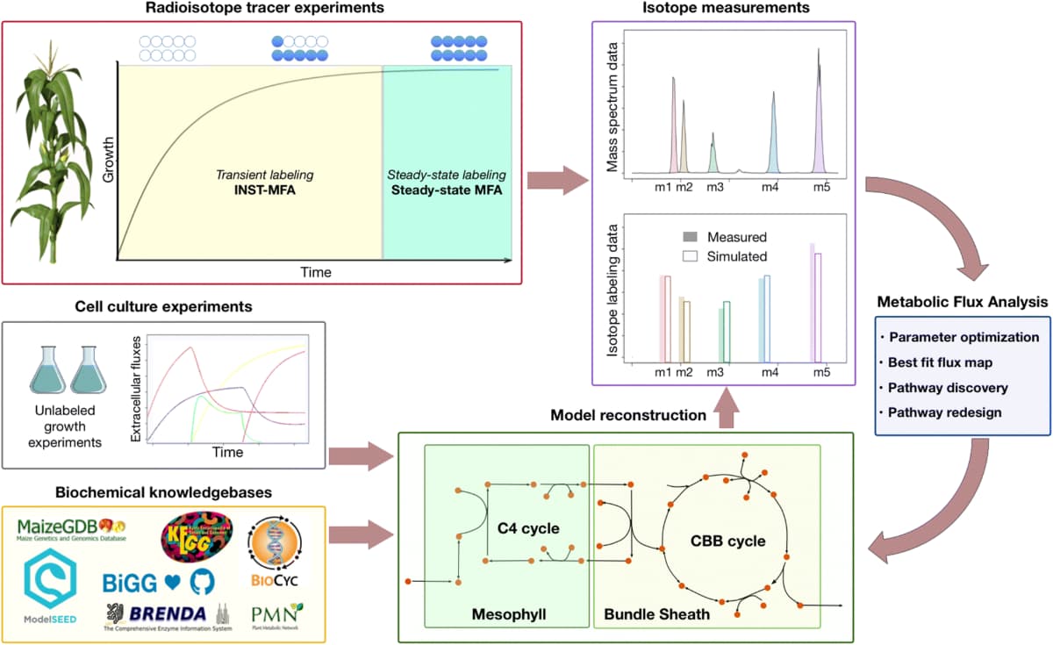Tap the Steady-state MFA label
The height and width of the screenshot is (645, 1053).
pyautogui.click(x=446, y=190)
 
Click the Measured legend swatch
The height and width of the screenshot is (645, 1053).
pyautogui.click(x=690, y=238)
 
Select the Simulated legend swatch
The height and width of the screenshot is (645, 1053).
pyautogui.click(x=690, y=256)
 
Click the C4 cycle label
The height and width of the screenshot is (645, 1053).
pyautogui.click(x=522, y=527)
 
